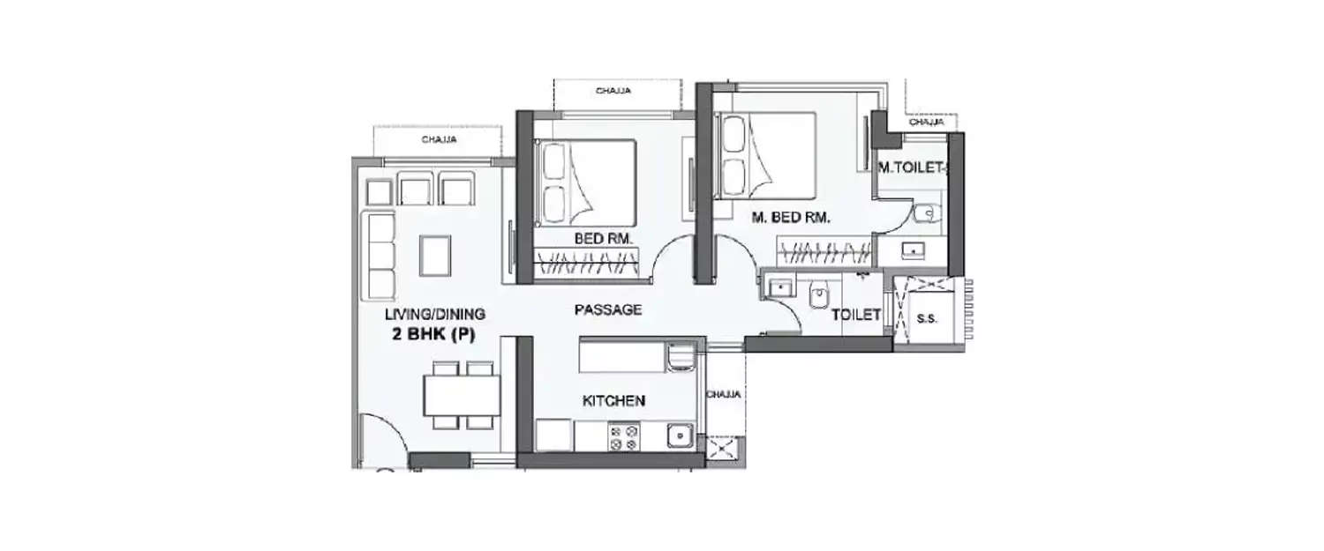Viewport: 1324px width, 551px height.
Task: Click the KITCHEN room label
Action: pyautogui.click(x=613, y=401)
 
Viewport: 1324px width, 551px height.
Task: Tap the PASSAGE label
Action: pyautogui.click(x=607, y=310)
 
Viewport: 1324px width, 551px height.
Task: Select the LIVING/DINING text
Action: pyautogui.click(x=434, y=315)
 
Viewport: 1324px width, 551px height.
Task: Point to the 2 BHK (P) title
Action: pyautogui.click(x=434, y=334)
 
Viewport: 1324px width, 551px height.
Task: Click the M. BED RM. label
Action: pyautogui.click(x=791, y=219)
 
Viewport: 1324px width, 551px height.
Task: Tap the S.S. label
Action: pyautogui.click(x=927, y=317)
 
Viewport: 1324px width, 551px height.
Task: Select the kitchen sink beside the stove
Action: pyautogui.click(x=679, y=436)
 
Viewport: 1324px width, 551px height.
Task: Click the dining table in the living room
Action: pyautogui.click(x=461, y=395)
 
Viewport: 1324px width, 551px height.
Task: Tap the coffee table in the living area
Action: pyautogui.click(x=435, y=255)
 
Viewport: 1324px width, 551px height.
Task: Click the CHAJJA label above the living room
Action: pyautogui.click(x=439, y=139)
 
